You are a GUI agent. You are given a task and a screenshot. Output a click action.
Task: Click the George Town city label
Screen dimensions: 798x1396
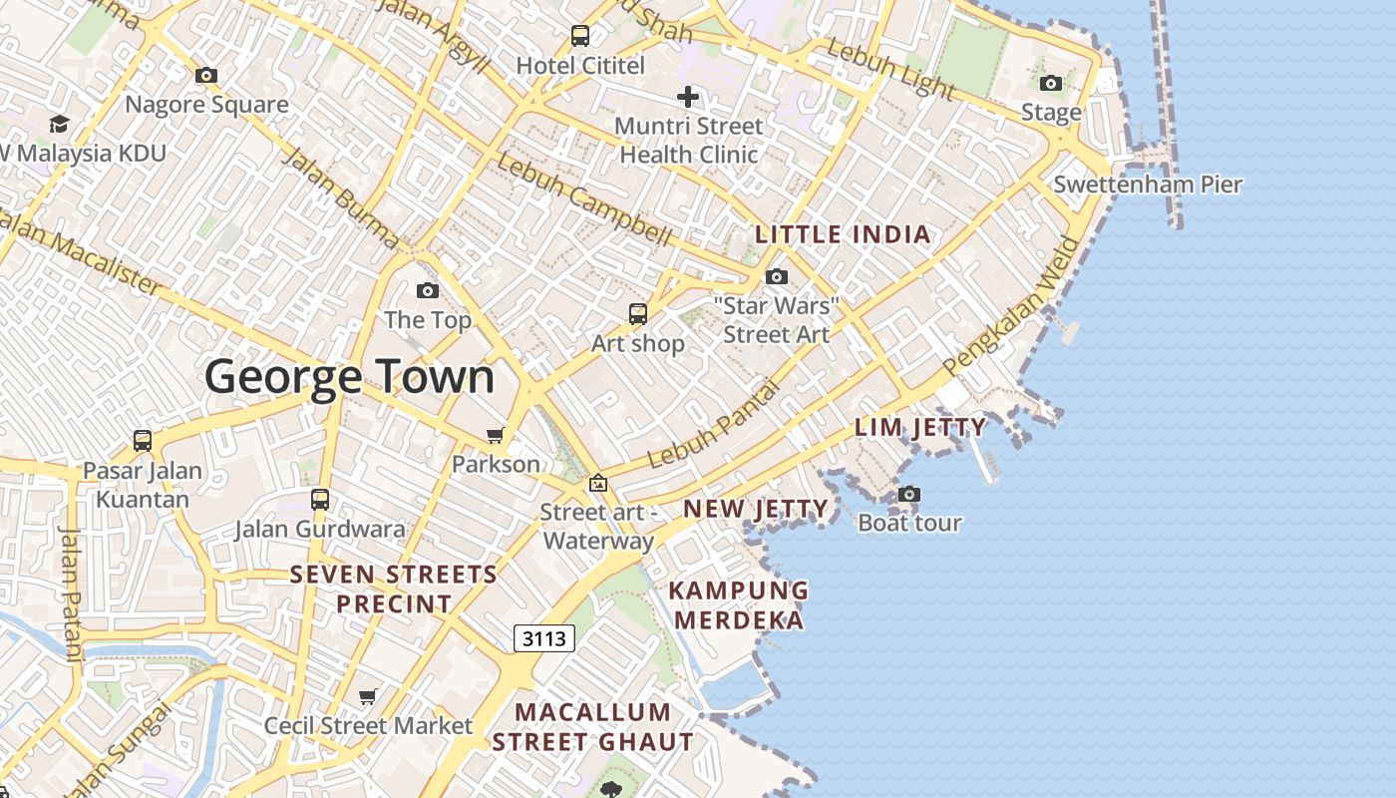[349, 377]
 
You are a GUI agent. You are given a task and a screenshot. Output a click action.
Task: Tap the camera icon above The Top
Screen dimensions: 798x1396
[428, 290]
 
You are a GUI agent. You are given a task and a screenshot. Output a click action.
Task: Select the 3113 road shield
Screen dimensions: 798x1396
[544, 638]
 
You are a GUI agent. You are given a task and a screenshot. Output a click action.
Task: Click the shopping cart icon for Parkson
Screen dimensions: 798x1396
[495, 435]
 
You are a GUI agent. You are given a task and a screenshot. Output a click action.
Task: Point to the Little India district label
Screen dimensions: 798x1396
[843, 235]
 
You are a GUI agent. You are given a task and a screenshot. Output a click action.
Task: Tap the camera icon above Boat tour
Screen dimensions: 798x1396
[908, 494]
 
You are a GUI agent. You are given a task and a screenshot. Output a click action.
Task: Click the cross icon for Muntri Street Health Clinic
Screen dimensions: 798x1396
[687, 97]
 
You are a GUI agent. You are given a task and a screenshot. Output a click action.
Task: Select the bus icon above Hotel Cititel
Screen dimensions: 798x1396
[580, 36]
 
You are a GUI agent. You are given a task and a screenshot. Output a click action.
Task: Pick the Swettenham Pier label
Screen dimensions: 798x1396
[1148, 185]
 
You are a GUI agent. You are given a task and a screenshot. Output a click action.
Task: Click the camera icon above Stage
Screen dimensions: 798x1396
[1051, 83]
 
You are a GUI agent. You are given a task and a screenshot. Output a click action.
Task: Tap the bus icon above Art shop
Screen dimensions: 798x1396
[638, 314]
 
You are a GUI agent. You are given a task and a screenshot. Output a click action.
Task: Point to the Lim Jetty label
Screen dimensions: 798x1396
[919, 428]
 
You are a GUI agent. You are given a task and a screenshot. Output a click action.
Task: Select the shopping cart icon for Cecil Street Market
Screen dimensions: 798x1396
[368, 696]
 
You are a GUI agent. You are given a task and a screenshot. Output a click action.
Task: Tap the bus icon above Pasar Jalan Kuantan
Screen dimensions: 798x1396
[143, 440]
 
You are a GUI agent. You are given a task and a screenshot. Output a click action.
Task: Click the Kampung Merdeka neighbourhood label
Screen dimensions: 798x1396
[738, 604]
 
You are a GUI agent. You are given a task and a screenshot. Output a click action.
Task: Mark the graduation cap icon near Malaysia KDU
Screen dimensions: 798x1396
[60, 124]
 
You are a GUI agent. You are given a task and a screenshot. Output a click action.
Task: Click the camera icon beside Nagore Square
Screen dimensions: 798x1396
[206, 75]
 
